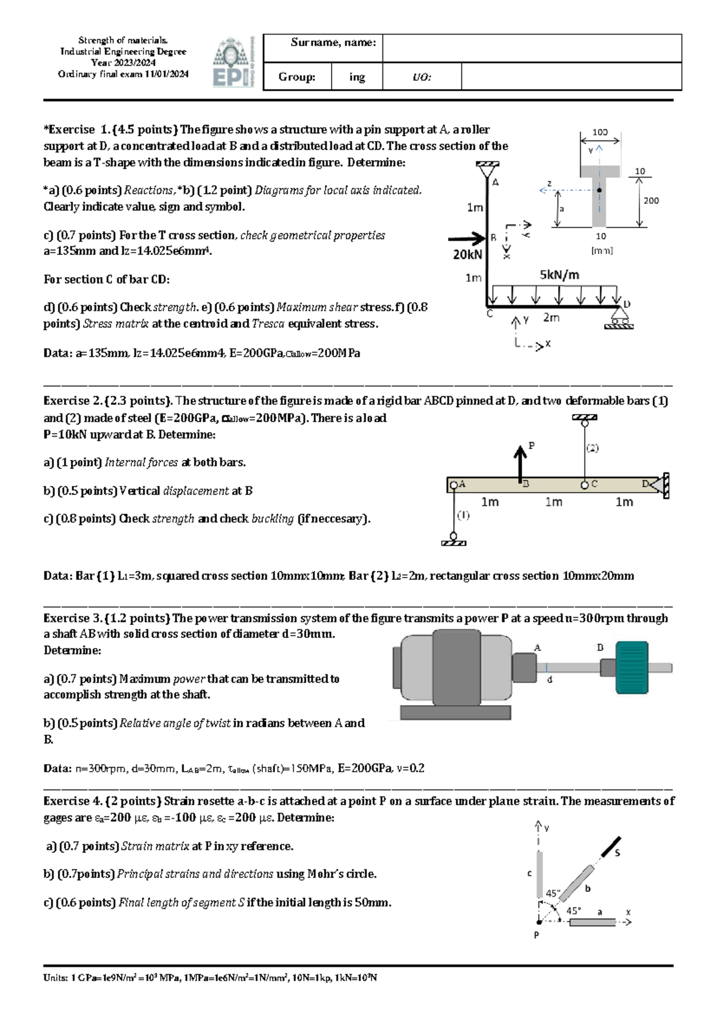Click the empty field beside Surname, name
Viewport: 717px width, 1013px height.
coord(531,48)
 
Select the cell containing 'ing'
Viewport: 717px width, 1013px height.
coord(357,77)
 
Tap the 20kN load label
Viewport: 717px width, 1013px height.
coord(467,255)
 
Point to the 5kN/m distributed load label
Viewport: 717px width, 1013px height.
coord(559,275)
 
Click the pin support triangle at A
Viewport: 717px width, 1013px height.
coord(488,170)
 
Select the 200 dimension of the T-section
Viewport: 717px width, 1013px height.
coord(651,201)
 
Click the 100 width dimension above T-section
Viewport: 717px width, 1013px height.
coord(599,132)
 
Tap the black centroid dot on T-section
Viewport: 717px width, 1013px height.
coord(599,191)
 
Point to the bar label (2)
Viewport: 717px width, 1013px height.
coord(592,448)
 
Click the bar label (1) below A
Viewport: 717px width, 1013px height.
coord(463,515)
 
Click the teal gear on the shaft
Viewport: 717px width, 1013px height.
coord(632,667)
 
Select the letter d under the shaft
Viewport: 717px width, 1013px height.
coord(550,680)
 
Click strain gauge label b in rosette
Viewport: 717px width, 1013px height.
coord(587,889)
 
